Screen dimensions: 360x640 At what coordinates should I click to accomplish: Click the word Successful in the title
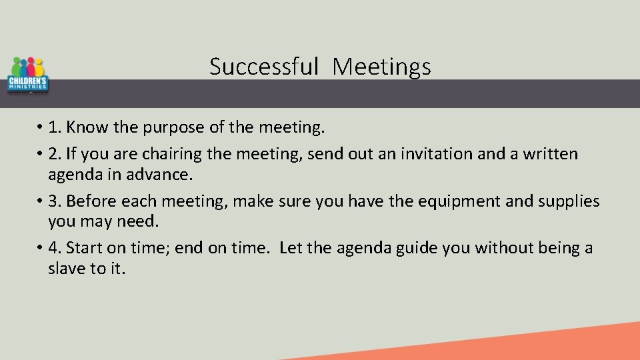click(x=265, y=66)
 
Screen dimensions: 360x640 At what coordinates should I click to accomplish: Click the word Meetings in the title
click(x=382, y=66)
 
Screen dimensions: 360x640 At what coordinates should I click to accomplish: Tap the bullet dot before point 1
click(x=42, y=127)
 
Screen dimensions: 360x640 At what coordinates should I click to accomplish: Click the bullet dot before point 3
click(x=42, y=201)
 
